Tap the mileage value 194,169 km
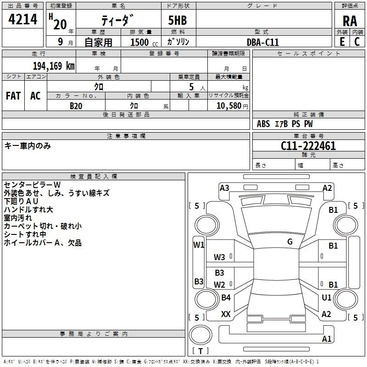(x=54, y=66)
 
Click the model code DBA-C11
(x=262, y=42)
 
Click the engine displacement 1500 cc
(x=139, y=42)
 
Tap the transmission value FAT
(x=13, y=96)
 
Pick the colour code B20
(x=76, y=106)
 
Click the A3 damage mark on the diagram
(x=224, y=188)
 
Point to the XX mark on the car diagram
(x=226, y=314)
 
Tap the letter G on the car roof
(x=290, y=242)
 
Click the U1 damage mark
(x=327, y=298)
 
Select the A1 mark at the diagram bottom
(x=327, y=339)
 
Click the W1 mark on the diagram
(x=198, y=245)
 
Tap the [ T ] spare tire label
(x=200, y=351)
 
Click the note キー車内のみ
(x=28, y=146)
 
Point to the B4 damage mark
(x=226, y=298)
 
